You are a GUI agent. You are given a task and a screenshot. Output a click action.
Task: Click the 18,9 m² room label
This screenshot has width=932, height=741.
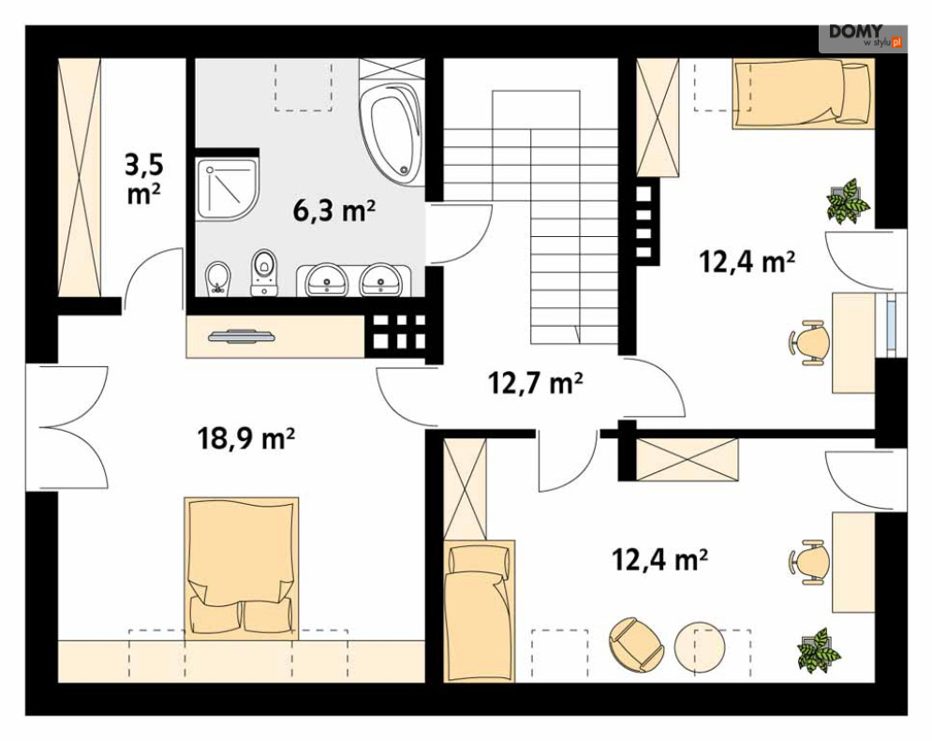coord(246,438)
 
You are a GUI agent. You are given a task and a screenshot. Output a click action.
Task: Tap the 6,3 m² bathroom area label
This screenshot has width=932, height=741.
coord(334,210)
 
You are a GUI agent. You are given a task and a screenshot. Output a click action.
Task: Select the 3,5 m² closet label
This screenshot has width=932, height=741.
coord(143,179)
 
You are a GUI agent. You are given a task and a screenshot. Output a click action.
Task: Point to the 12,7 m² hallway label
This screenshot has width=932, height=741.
coord(535,383)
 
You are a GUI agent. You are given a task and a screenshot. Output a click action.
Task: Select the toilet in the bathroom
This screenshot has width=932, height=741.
coord(264,273)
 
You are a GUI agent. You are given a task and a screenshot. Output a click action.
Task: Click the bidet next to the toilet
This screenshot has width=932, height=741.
coord(218,278)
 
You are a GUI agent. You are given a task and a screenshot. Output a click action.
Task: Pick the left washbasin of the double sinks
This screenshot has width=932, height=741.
coord(326,279)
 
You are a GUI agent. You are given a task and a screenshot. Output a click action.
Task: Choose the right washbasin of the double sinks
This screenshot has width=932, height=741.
coord(381,279)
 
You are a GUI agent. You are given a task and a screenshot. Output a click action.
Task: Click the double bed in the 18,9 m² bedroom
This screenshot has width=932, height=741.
coord(242,568)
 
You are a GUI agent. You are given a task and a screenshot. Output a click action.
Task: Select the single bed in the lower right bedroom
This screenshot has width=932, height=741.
coord(479,611)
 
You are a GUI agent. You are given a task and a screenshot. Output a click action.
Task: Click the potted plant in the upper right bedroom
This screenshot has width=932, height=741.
coord(848,201)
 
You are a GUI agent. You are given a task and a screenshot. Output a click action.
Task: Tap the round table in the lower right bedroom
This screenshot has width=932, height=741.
coord(701,647)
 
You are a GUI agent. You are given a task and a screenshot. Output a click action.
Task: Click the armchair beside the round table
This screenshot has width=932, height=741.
coord(636,645)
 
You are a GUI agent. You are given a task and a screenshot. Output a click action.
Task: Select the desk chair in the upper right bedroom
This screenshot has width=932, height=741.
coord(809,343)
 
